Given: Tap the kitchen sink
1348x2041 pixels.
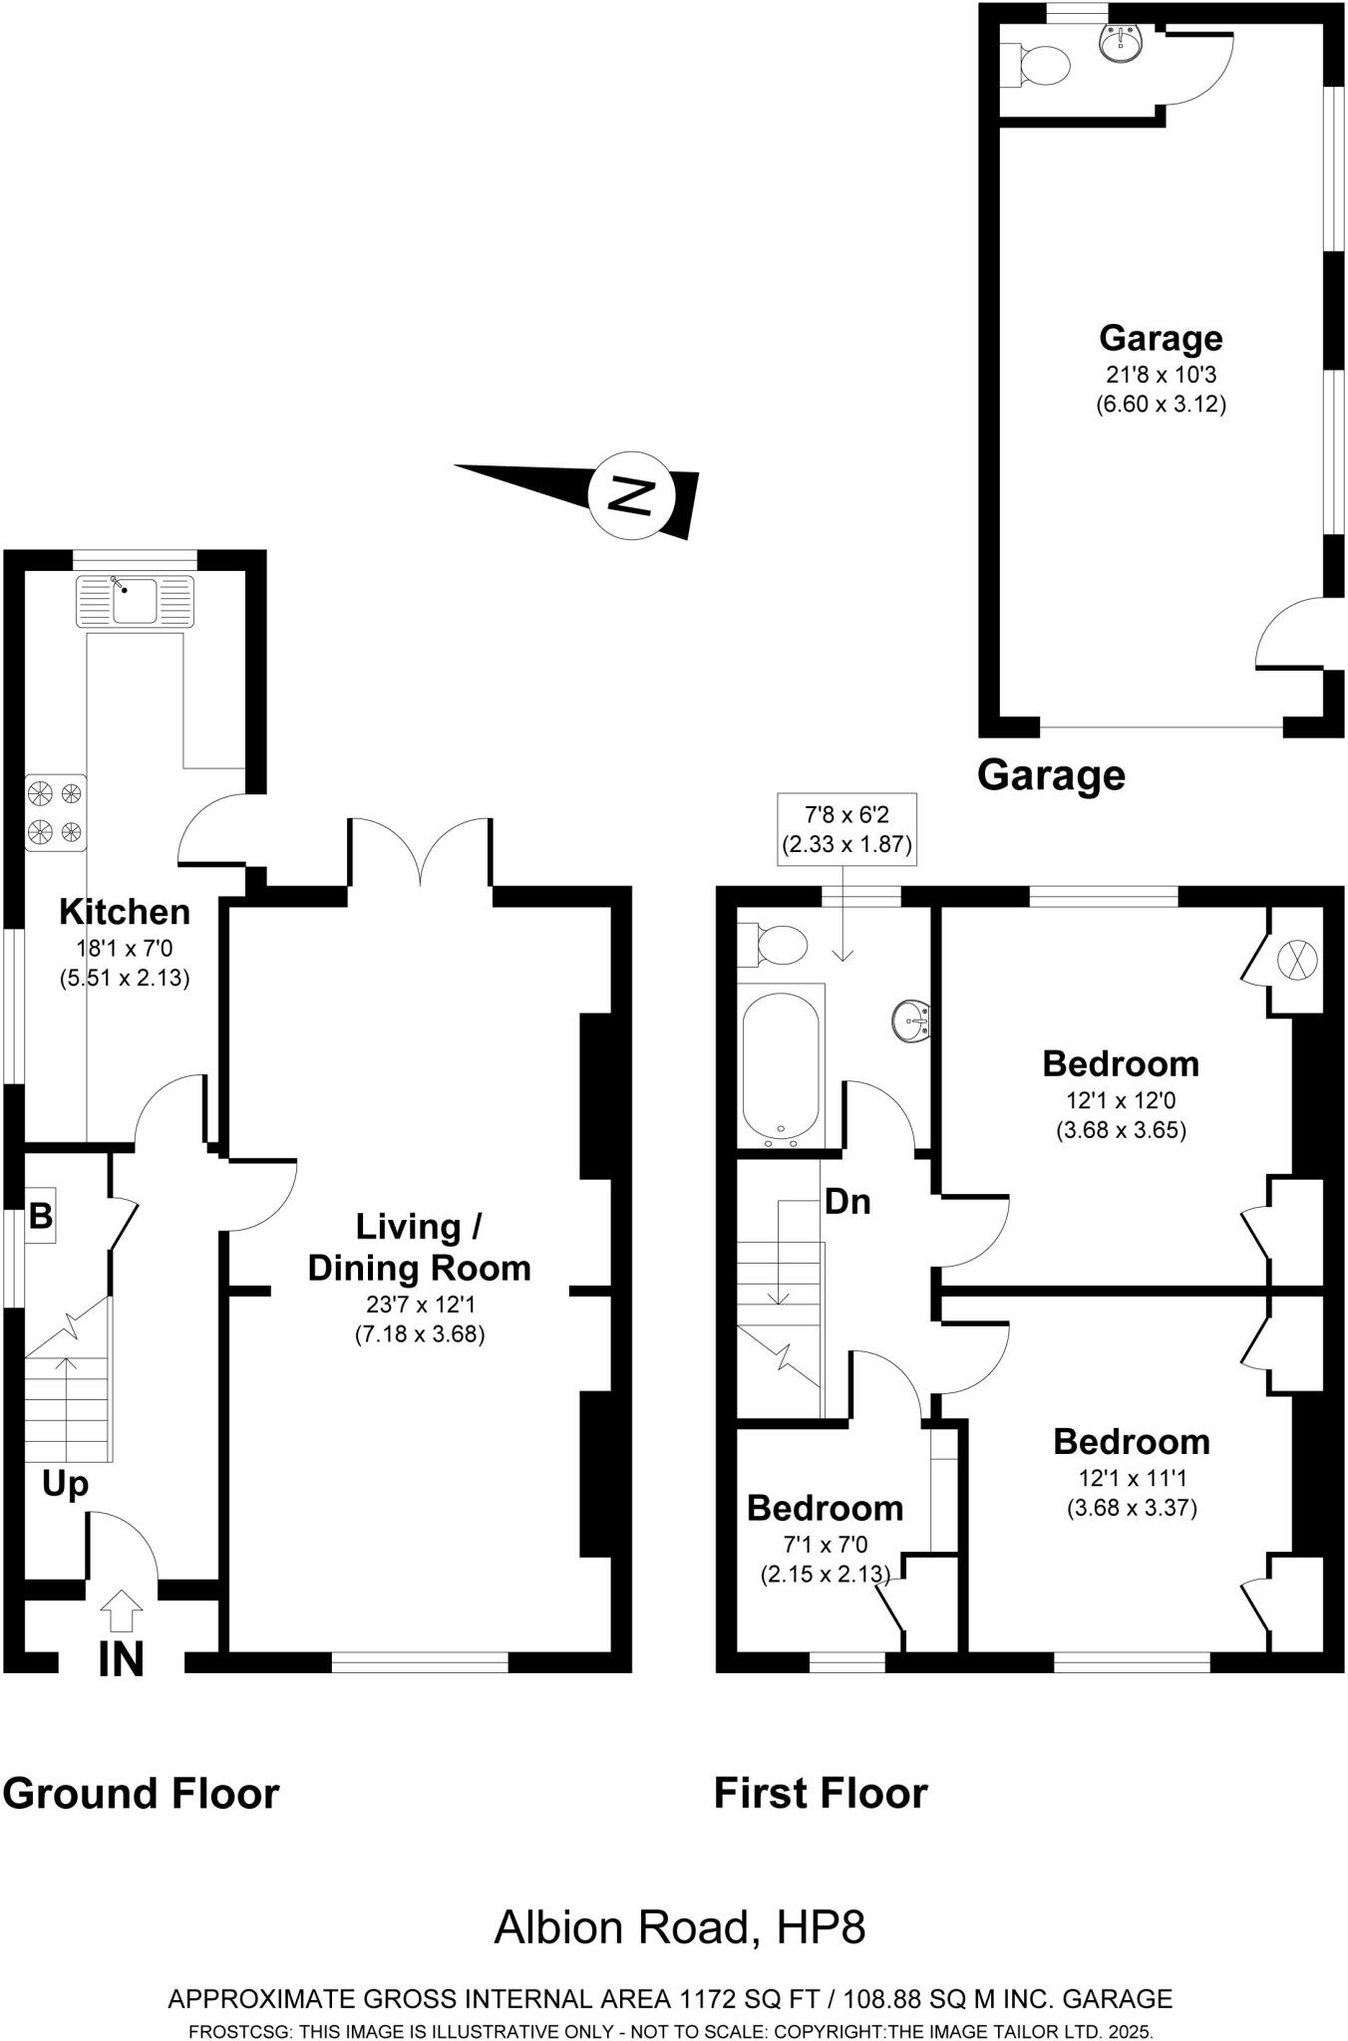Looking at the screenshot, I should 135,601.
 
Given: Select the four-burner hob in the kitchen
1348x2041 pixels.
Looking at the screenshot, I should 56,812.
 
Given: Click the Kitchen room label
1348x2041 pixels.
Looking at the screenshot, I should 125,911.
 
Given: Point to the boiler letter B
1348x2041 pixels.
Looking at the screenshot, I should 41,1216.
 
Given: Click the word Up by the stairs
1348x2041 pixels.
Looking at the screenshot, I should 65,1484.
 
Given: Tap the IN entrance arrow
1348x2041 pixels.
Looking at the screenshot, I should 122,1610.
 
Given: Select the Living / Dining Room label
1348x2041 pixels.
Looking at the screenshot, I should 419,1247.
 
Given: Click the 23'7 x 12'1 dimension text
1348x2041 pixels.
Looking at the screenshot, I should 419,1304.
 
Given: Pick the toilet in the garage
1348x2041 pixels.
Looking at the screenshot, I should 1040,66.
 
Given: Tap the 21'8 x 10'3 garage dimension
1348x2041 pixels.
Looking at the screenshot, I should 1161,375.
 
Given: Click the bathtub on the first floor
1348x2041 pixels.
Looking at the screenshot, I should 782,1064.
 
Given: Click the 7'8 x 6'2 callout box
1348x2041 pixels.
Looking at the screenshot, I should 845,829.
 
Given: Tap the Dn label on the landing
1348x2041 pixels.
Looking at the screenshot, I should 847,1202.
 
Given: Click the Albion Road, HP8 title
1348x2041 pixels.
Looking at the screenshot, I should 679,1927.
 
